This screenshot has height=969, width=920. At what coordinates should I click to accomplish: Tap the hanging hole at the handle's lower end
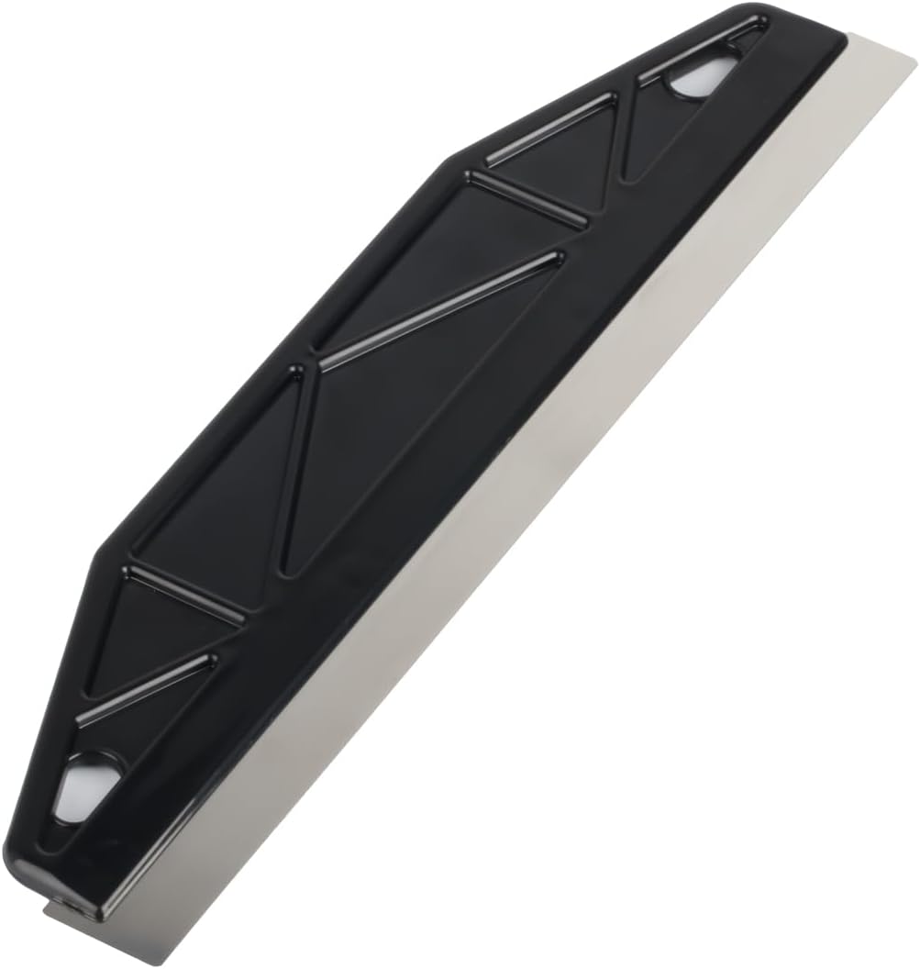click(84, 785)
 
